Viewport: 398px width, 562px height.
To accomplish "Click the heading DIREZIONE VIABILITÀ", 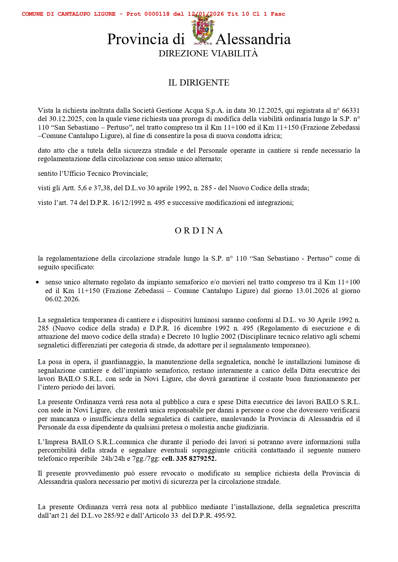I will (x=208, y=53).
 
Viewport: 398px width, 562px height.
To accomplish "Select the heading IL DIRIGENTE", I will (x=199, y=83).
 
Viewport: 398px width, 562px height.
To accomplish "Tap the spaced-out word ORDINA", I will (x=199, y=231).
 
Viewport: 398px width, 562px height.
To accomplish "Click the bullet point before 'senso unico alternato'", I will (x=38, y=282).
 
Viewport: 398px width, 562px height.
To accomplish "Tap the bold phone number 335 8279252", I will (x=196, y=459).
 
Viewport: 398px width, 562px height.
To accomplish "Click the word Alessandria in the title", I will (x=253, y=39).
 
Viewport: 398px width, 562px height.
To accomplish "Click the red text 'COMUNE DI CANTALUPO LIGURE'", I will (x=69, y=14).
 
